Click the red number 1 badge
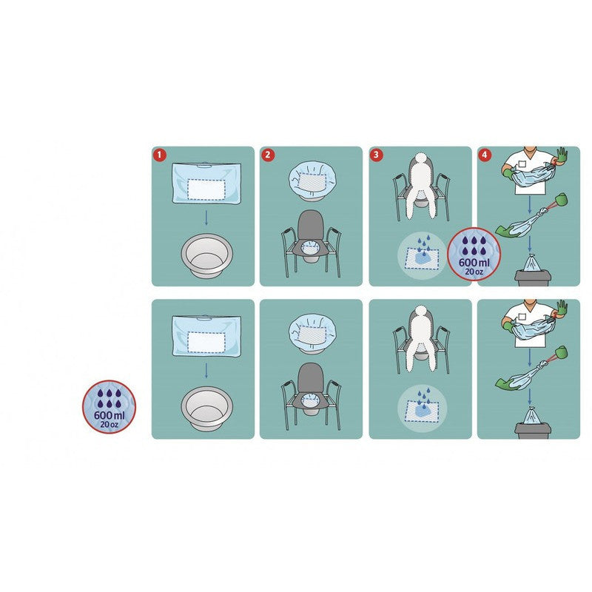pyautogui.click(x=159, y=155)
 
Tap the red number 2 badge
pyautogui.click(x=268, y=155)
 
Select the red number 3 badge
pyautogui.click(x=376, y=155)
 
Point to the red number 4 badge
pyautogui.click(x=485, y=155)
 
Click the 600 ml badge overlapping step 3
pyautogui.click(x=474, y=254)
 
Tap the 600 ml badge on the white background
pyautogui.click(x=109, y=406)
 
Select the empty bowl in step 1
pyautogui.click(x=206, y=256)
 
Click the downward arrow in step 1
pyautogui.click(x=206, y=218)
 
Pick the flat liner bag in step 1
pyautogui.click(x=206, y=183)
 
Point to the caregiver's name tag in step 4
pyautogui.click(x=522, y=164)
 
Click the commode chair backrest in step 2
pyautogui.click(x=310, y=225)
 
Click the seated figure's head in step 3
pyautogui.click(x=421, y=158)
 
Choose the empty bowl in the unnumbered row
pyautogui.click(x=206, y=409)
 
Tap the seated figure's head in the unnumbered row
pyautogui.click(x=421, y=312)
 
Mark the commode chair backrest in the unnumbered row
pyautogui.click(x=310, y=378)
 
